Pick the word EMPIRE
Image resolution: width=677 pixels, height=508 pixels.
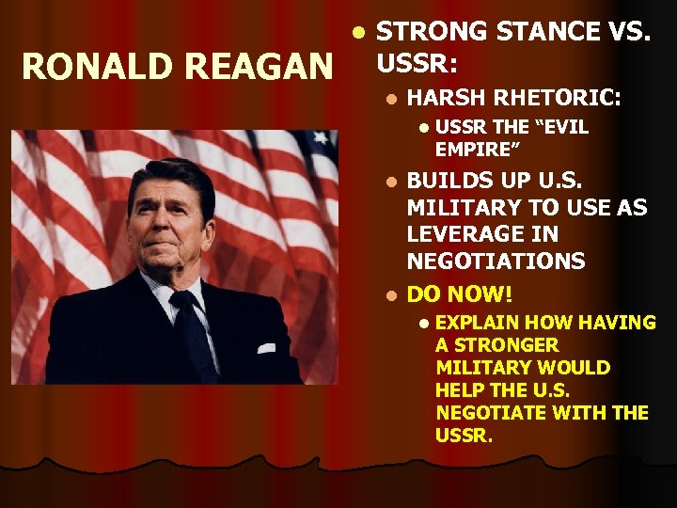coord(479,149)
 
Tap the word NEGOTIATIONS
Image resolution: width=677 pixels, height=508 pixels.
coord(496,261)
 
